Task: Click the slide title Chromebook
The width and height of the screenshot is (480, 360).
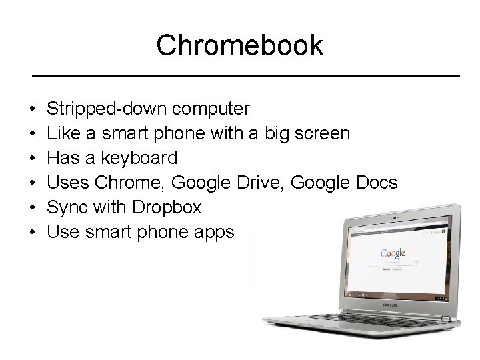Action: (x=239, y=45)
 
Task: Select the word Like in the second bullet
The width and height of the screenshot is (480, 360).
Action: (x=65, y=133)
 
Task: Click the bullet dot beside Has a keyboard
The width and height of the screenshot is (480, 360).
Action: (x=32, y=159)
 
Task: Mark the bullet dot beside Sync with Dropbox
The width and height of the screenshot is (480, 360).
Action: (x=32, y=208)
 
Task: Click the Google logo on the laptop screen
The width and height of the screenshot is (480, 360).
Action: (x=394, y=254)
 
